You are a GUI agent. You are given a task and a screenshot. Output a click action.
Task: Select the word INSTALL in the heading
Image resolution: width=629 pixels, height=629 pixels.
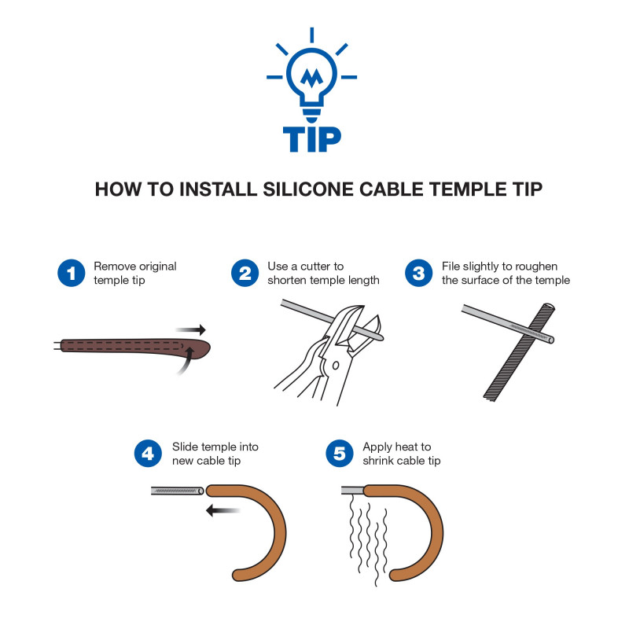(x=210, y=189)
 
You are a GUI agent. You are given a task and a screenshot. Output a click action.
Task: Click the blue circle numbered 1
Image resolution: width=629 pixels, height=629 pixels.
(x=71, y=274)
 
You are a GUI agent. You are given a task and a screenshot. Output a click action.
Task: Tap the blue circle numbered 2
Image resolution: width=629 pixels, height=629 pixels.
(x=245, y=274)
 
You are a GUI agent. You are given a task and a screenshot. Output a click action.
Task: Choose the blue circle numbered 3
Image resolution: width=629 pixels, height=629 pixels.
(x=419, y=274)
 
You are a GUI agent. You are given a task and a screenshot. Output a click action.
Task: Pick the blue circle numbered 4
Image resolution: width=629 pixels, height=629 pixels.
(x=148, y=454)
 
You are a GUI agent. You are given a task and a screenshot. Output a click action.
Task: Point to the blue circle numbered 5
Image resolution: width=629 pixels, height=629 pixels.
(x=339, y=454)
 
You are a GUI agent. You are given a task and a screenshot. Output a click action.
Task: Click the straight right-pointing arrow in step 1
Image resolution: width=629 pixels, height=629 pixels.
(x=190, y=329)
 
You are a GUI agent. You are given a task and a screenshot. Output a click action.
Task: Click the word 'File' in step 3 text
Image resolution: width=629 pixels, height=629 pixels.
(x=452, y=267)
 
